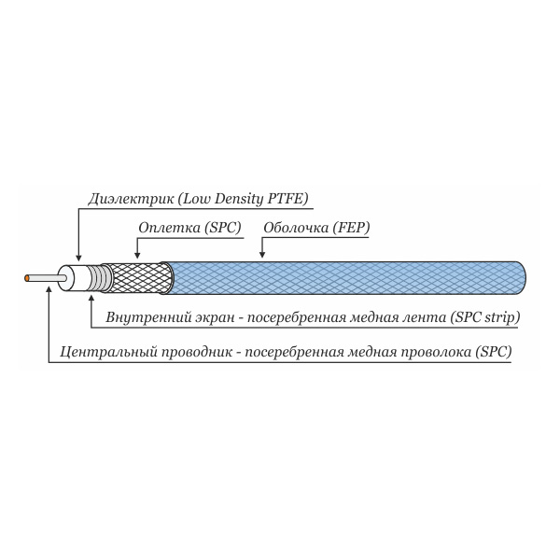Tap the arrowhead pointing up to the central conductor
pos(47,290)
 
